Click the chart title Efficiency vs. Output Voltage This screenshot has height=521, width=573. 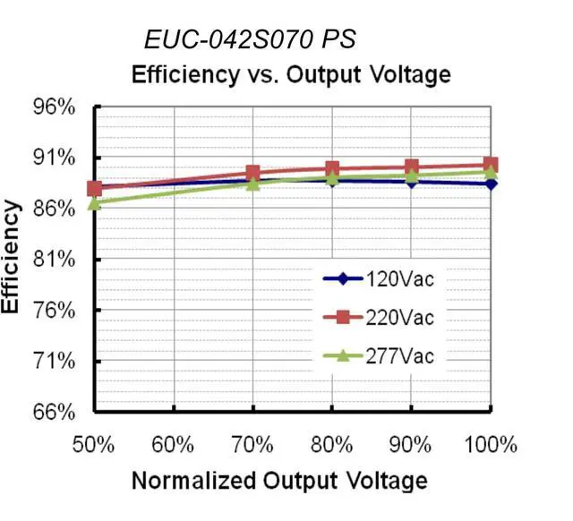pyautogui.click(x=290, y=74)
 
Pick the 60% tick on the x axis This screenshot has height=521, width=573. pyautogui.click(x=174, y=444)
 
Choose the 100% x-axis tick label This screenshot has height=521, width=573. pyautogui.click(x=491, y=444)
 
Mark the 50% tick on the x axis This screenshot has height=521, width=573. pyautogui.click(x=95, y=444)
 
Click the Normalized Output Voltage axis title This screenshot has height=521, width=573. pyautogui.click(x=279, y=481)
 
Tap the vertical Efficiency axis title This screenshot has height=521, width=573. pyautogui.click(x=12, y=258)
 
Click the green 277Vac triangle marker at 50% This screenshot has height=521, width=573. pyautogui.click(x=95, y=203)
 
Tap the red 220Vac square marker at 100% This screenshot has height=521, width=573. pyautogui.click(x=491, y=165)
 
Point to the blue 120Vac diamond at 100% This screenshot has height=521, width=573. pyautogui.click(x=491, y=184)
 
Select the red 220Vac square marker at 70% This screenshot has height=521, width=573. pyautogui.click(x=252, y=173)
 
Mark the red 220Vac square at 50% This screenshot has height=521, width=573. pyautogui.click(x=95, y=188)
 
